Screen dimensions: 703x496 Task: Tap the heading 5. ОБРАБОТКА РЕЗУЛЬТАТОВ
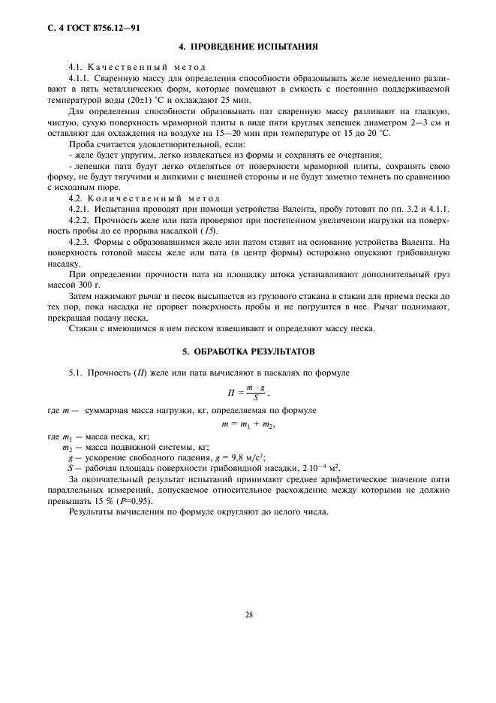click(248, 351)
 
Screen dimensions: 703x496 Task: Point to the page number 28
click(248, 614)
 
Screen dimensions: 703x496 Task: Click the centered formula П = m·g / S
click(248, 391)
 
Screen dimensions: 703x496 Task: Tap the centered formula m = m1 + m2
click(248, 424)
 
